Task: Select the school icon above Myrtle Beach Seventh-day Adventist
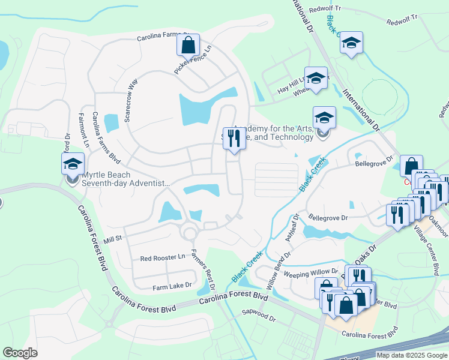point(73,164)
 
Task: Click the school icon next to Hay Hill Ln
point(316,78)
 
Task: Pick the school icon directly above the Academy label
point(324,118)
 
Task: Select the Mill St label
point(113,239)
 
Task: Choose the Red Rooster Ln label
point(163,258)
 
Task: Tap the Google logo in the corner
point(20,353)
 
